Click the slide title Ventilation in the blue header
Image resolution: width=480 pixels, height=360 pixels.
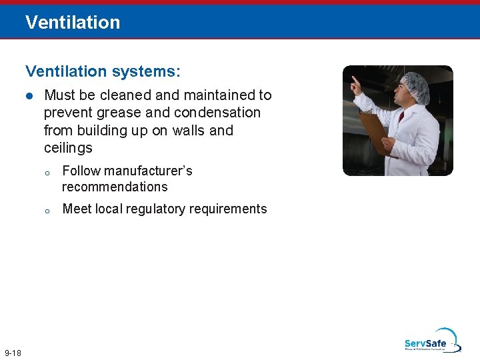tap(73, 22)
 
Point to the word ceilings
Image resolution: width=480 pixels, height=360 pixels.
tap(68, 148)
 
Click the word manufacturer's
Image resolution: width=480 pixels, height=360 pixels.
tap(147, 171)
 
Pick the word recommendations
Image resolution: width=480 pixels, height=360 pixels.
tap(115, 187)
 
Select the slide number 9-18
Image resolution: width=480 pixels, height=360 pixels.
tap(13, 352)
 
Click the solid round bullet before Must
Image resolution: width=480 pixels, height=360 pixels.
tap(29, 96)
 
